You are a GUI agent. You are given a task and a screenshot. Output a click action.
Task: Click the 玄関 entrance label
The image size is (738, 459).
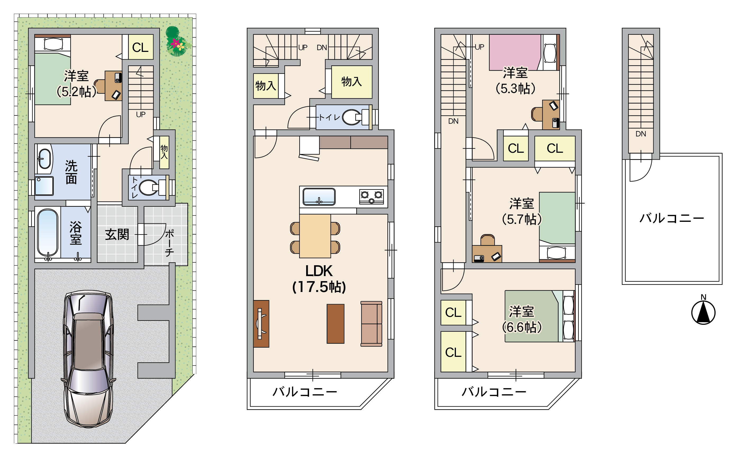[x=117, y=234]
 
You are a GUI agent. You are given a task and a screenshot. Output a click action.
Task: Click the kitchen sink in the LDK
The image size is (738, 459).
[x=319, y=197]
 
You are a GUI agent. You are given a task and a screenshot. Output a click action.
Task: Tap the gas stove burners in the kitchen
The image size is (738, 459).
[x=372, y=196]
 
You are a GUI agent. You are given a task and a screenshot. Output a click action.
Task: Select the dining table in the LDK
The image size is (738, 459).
[x=315, y=236]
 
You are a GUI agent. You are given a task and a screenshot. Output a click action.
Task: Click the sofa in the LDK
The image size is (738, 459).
[x=371, y=324]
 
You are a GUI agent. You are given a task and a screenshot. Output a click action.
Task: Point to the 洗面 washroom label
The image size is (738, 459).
[x=71, y=172]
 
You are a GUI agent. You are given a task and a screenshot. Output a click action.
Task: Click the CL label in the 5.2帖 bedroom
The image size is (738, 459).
[x=140, y=47]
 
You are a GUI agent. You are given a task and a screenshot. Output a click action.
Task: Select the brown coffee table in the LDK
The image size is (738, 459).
[x=335, y=324]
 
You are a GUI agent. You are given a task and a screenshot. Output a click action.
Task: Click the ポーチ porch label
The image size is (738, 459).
[x=169, y=243]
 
